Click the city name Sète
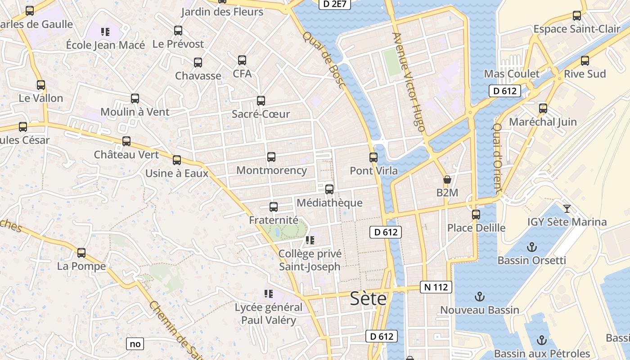[368, 298]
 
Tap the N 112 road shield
[436, 287]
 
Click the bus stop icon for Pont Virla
[373, 157]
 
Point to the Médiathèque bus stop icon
[329, 189]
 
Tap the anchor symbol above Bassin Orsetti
[532, 247]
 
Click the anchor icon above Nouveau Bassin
[480, 297]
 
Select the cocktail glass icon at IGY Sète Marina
[567, 208]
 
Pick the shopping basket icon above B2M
[447, 180]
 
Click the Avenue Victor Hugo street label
[409, 82]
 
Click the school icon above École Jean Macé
[105, 32]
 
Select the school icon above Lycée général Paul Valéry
[269, 294]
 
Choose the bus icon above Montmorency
[271, 157]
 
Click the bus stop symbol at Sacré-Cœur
[261, 101]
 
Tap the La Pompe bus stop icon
[81, 253]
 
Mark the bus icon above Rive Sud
[585, 60]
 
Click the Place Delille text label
[476, 228]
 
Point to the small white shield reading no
[135, 344]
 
